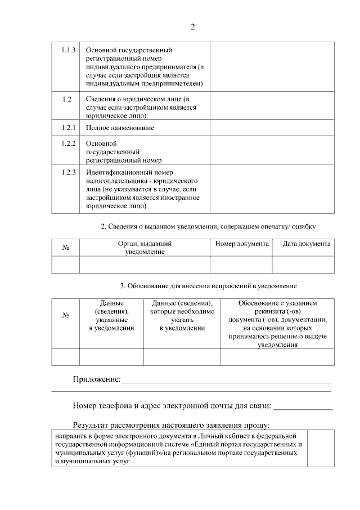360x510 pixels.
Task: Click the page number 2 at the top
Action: click(x=192, y=26)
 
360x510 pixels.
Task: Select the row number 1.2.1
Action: click(x=69, y=128)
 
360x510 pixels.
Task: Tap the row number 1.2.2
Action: click(x=69, y=144)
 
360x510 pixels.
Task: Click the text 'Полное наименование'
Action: click(x=120, y=128)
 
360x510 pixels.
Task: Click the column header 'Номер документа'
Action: click(x=241, y=244)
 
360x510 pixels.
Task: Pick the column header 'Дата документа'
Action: click(x=306, y=244)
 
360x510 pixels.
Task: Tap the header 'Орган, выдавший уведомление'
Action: click(x=145, y=248)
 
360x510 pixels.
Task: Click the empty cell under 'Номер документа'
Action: click(x=241, y=265)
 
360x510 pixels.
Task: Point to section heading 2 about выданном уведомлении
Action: click(x=208, y=227)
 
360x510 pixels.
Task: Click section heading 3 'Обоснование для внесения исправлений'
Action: click(x=208, y=286)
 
